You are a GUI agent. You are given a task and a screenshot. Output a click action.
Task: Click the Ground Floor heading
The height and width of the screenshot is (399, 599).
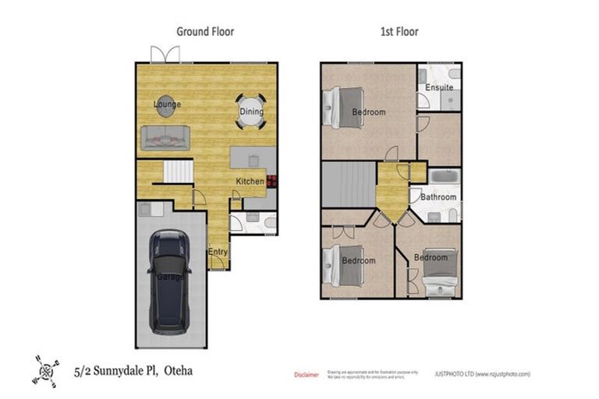point(205,32)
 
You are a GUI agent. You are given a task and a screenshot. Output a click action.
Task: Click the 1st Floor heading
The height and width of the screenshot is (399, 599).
point(399,32)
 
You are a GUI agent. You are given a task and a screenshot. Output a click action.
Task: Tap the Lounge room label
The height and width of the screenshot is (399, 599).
point(166,104)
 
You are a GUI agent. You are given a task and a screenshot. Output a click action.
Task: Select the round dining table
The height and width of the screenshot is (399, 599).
point(251,111)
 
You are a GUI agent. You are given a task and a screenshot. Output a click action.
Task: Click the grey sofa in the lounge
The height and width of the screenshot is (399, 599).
point(165,137)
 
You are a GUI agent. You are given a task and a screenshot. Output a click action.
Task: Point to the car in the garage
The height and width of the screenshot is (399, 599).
point(169,281)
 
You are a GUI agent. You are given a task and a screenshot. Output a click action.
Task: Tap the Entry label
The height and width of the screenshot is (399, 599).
point(218,252)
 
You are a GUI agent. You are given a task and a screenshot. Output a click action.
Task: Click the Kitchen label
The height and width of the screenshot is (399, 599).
point(250,182)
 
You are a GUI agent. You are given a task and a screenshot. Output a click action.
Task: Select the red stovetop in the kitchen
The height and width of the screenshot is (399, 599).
point(271,181)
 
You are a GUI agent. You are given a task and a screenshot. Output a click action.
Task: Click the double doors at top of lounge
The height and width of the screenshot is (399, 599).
point(165,55)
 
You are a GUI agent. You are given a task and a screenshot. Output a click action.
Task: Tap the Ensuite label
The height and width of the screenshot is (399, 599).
point(439,87)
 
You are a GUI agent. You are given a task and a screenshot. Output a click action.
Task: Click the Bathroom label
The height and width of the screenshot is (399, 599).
point(438,197)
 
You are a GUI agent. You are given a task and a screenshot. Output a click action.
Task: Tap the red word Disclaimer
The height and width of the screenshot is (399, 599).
point(306,375)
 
